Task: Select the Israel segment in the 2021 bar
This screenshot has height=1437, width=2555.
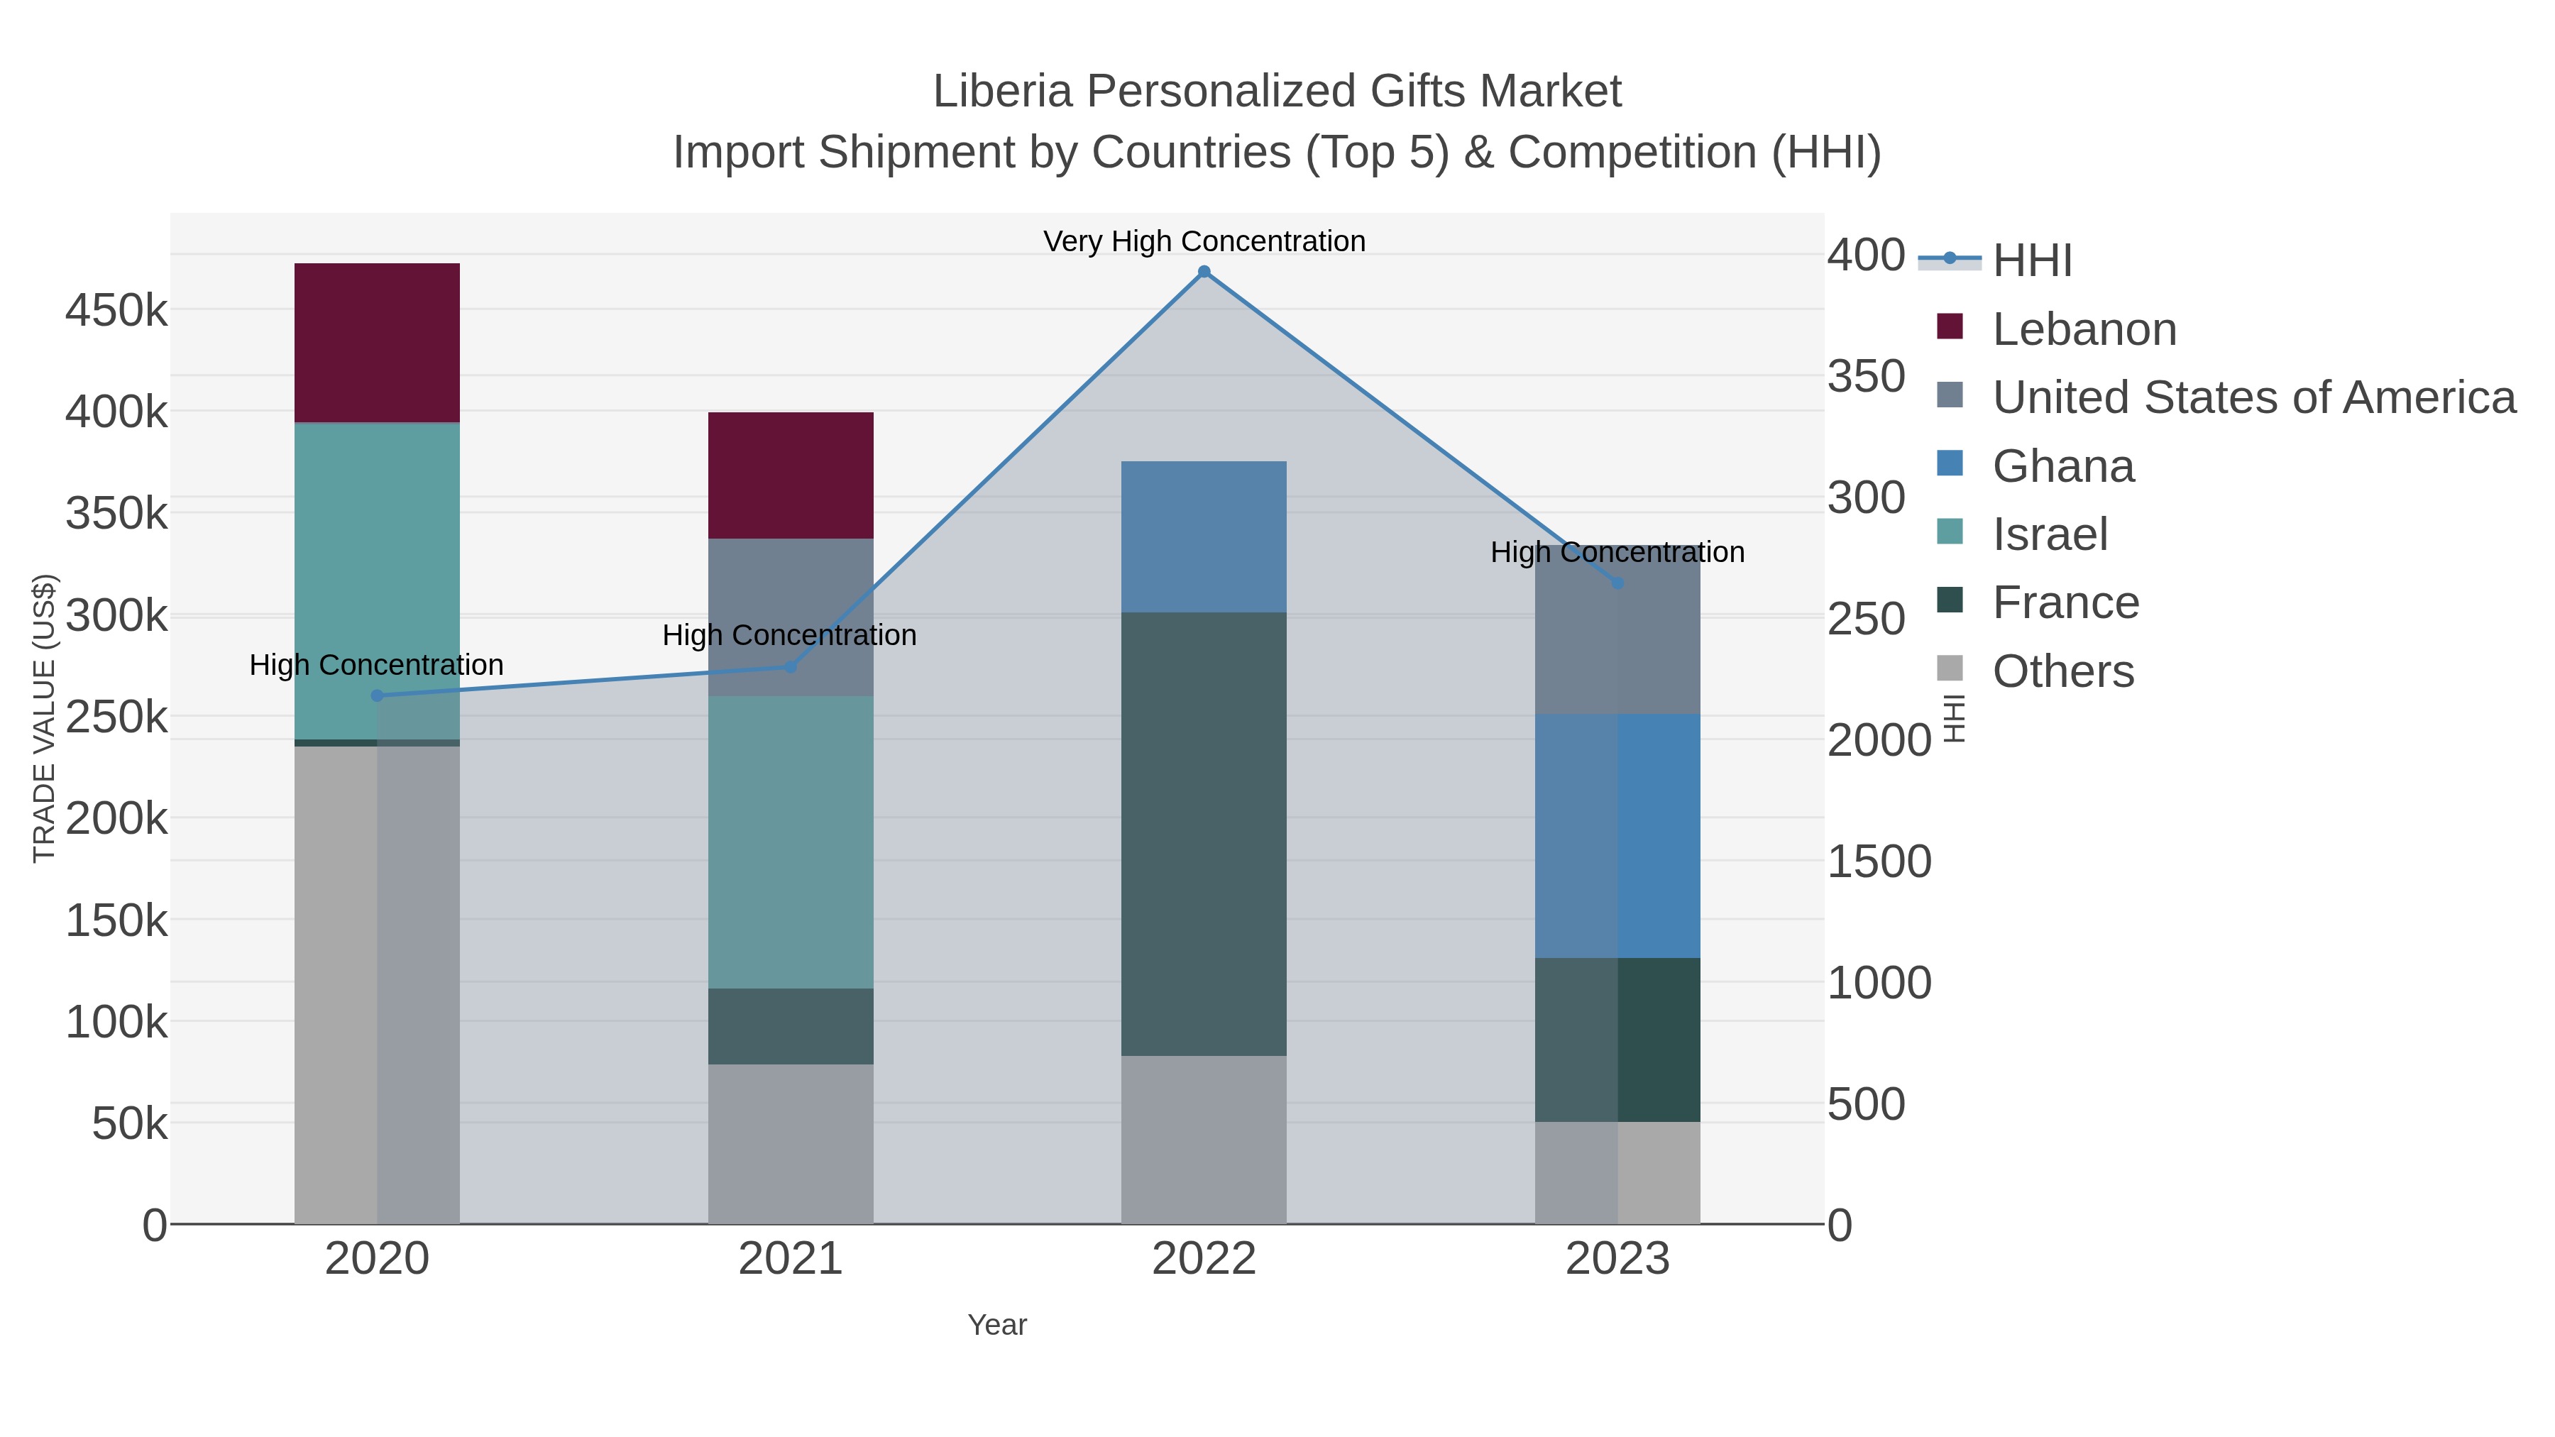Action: tap(791, 841)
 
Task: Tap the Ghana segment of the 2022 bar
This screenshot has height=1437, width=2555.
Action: tap(1203, 536)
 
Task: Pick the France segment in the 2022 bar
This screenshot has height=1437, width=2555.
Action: tap(1203, 833)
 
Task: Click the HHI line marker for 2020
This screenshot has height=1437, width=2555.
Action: tap(377, 695)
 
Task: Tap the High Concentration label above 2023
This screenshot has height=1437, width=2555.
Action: tap(1617, 552)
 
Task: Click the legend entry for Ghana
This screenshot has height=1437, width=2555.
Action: tap(2063, 466)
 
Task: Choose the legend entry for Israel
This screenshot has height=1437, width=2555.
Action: tap(2049, 534)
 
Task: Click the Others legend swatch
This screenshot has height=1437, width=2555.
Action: tap(1949, 669)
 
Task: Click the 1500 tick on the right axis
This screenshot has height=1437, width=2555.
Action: tap(1879, 861)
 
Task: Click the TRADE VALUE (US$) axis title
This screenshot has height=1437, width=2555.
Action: tap(45, 718)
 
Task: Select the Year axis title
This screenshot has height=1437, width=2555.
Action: tap(997, 1325)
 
